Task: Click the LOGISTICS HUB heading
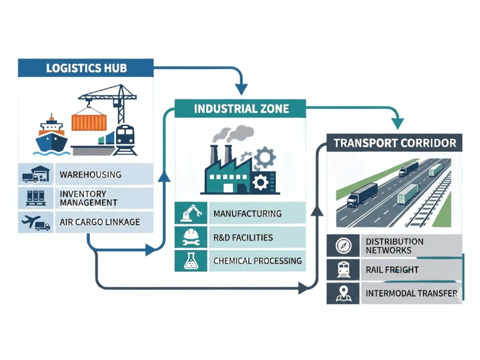pyautogui.click(x=86, y=68)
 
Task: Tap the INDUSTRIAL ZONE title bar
pyautogui.click(x=241, y=108)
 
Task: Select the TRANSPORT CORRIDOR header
pyautogui.click(x=394, y=143)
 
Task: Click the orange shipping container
pyautogui.click(x=89, y=122)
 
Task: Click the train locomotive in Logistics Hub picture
pyautogui.click(x=125, y=138)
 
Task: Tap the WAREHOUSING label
pyautogui.click(x=90, y=175)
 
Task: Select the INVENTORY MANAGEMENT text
pyautogui.click(x=88, y=198)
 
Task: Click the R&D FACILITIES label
pyautogui.click(x=243, y=238)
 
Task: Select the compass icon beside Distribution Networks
pyautogui.click(x=344, y=246)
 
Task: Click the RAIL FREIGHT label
pyautogui.click(x=392, y=270)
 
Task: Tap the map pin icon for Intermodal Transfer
pyautogui.click(x=344, y=293)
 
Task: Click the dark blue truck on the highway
pyautogui.click(x=362, y=194)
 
